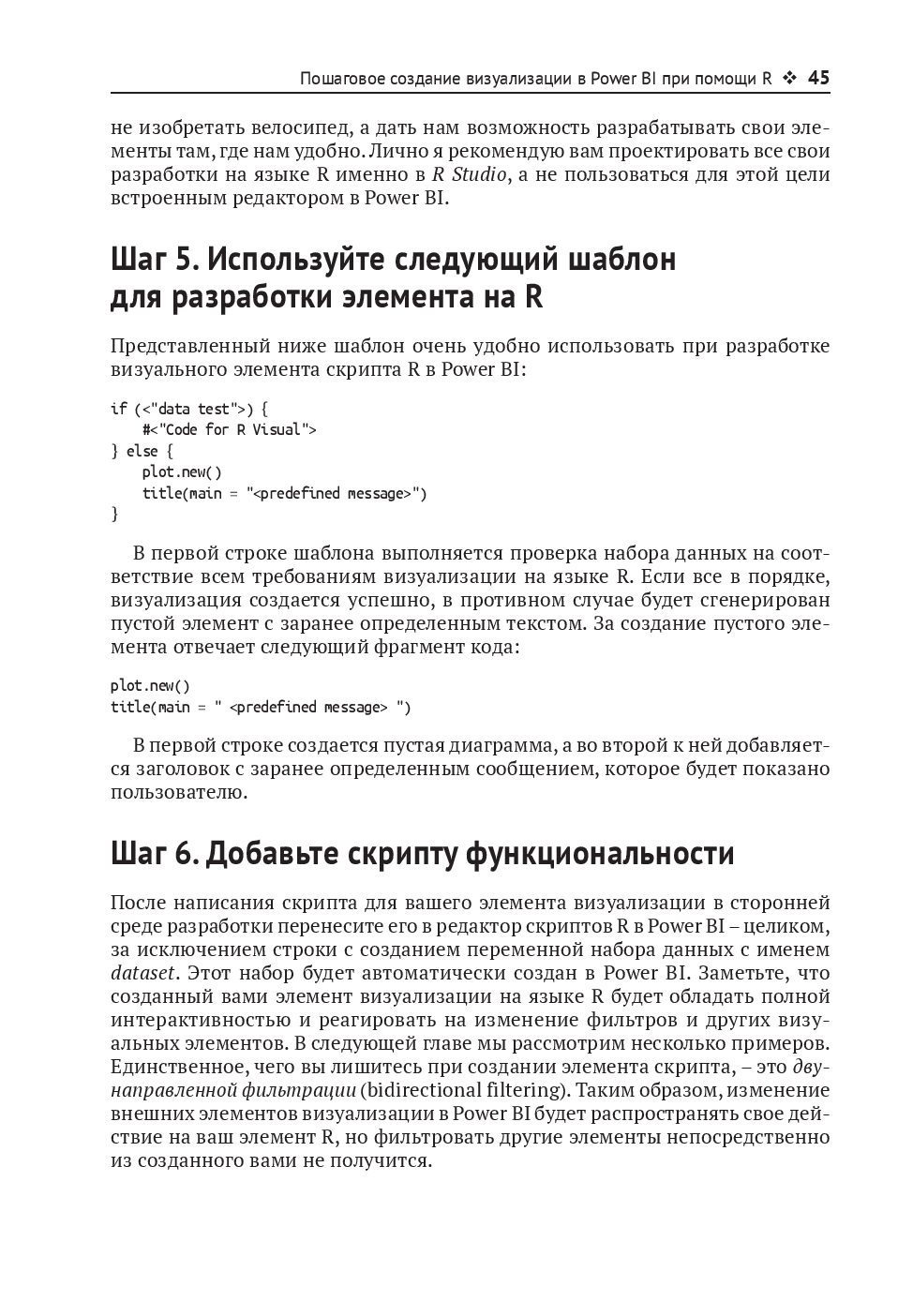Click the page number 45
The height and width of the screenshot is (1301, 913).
[x=818, y=79]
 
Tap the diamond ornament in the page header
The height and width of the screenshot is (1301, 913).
[x=789, y=79]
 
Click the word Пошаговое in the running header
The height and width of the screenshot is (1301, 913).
[x=338, y=80]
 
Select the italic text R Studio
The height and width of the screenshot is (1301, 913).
[x=470, y=174]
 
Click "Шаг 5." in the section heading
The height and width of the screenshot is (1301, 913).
[x=153, y=259]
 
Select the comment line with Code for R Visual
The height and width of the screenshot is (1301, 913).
[x=230, y=430]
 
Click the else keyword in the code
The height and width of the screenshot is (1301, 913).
[x=142, y=452]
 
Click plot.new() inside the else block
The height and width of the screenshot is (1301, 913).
[x=182, y=472]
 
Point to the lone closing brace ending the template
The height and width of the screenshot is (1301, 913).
[x=114, y=514]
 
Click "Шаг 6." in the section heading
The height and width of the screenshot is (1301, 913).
[x=154, y=854]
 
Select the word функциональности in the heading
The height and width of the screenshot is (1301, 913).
[x=600, y=854]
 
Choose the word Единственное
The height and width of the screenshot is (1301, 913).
[x=173, y=1067]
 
